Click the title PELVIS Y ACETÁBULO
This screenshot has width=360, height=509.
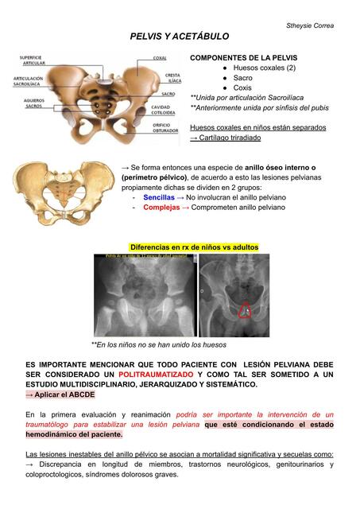point(179,37)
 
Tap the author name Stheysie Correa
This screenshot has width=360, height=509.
point(310,25)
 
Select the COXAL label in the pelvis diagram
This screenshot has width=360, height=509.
point(160,58)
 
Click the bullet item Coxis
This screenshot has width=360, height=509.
point(242,87)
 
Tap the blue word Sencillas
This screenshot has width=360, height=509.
point(159,196)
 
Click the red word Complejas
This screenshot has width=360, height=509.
point(161,207)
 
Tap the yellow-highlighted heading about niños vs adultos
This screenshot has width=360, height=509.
point(194,247)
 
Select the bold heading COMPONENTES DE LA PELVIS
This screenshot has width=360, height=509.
point(243,58)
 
